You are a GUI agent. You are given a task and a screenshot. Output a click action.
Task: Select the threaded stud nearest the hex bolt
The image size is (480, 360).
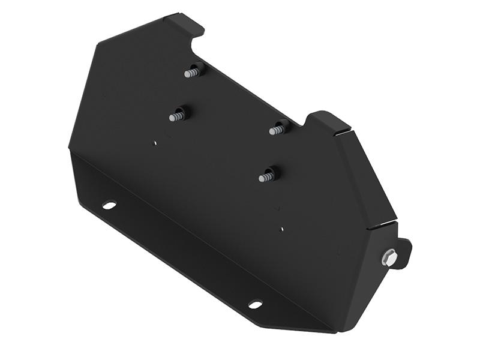coord(267,176)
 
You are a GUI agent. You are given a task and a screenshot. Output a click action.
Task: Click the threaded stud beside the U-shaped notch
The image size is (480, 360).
coord(193,72)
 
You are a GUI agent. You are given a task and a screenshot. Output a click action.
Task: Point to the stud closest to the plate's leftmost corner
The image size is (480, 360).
coord(178,115)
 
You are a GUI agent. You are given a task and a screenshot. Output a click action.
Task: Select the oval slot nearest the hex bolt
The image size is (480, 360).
coord(255,304)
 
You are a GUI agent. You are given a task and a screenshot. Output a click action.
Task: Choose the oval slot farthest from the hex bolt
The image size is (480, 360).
coord(109,205)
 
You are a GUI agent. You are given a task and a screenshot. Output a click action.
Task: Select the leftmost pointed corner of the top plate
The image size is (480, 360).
coord(70,147)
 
